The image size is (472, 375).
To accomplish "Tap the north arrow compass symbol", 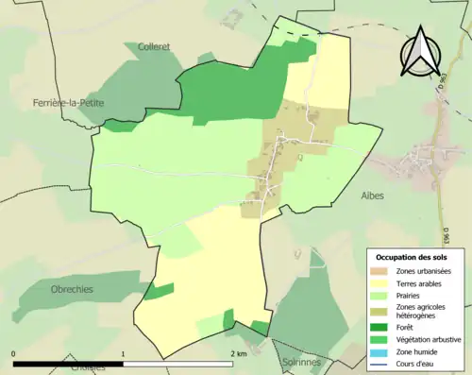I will pyautogui.click(x=420, y=52).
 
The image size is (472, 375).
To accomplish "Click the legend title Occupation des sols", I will pyautogui.click(x=414, y=257).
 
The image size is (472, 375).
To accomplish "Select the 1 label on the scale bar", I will pyautogui.click(x=124, y=353).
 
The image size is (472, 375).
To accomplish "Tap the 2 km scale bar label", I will pyautogui.click(x=239, y=353).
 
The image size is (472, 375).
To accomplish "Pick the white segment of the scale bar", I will pyautogui.click(x=178, y=364).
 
